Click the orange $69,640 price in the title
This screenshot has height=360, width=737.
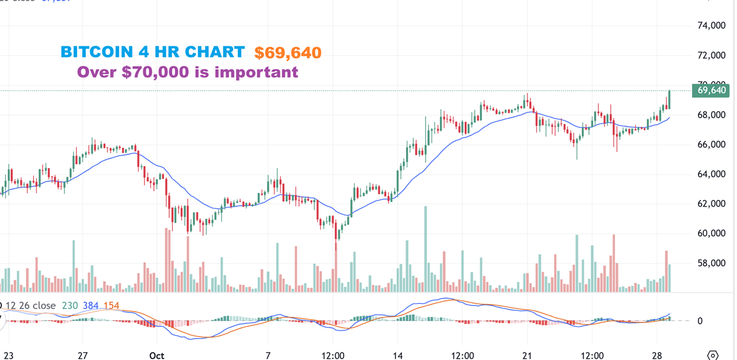click(x=288, y=53)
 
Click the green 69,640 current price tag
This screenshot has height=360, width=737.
click(x=711, y=91)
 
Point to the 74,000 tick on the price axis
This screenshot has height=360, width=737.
click(x=712, y=25)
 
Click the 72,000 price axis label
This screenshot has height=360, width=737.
click(x=712, y=56)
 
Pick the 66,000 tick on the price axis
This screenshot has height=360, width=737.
click(x=712, y=144)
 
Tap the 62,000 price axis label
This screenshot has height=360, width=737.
click(x=712, y=204)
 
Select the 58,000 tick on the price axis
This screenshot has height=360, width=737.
click(x=712, y=263)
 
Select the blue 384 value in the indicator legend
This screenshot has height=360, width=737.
click(x=91, y=306)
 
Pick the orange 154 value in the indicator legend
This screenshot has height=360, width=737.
click(x=111, y=306)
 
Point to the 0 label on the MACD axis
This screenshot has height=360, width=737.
click(x=699, y=321)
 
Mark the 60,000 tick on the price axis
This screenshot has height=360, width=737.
click(x=712, y=233)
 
